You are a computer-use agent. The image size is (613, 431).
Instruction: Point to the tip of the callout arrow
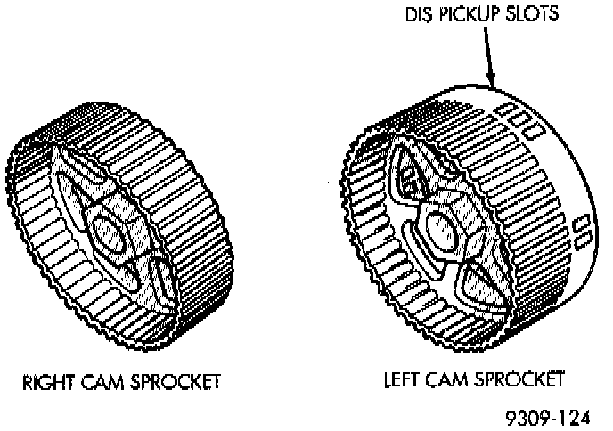click(494, 87)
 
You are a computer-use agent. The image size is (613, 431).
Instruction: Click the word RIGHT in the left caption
click(45, 382)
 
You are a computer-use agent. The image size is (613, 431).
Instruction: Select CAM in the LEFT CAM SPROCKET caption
click(451, 379)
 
